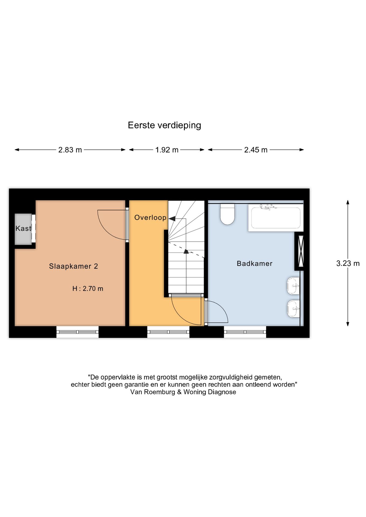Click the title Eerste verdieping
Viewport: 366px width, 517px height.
(164, 125)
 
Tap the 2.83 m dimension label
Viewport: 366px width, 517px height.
(70, 150)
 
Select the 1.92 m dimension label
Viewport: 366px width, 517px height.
(167, 150)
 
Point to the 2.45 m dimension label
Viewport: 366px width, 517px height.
(255, 150)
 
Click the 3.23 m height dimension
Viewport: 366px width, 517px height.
(348, 263)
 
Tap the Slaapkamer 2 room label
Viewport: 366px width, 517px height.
(73, 266)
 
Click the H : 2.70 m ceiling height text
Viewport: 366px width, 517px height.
(88, 289)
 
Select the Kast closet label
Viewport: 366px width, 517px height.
(23, 228)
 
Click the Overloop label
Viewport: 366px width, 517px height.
(150, 217)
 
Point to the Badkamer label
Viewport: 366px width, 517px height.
(254, 263)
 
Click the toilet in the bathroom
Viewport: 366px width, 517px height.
(227, 214)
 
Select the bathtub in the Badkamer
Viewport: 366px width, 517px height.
(275, 218)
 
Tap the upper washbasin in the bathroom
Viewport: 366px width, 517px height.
(293, 286)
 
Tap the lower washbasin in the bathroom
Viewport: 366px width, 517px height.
(293, 309)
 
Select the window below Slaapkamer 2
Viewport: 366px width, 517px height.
(77, 332)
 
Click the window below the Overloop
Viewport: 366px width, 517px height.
(168, 332)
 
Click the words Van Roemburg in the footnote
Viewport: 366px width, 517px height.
(153, 392)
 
